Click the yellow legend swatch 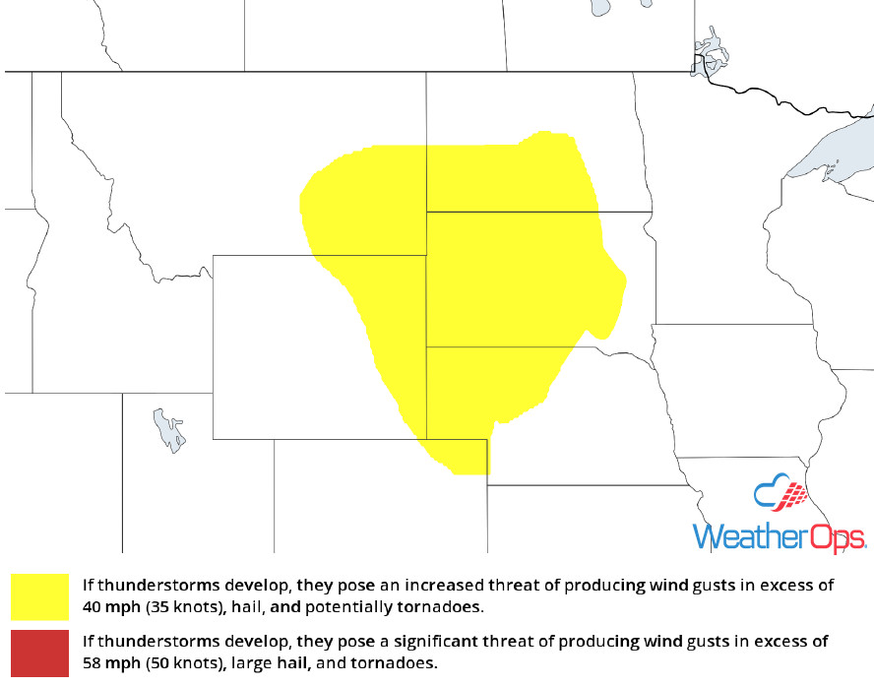click(x=40, y=597)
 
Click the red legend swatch click(x=40, y=653)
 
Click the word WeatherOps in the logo click(x=780, y=536)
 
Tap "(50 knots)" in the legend click(x=185, y=662)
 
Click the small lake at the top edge click(x=599, y=8)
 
